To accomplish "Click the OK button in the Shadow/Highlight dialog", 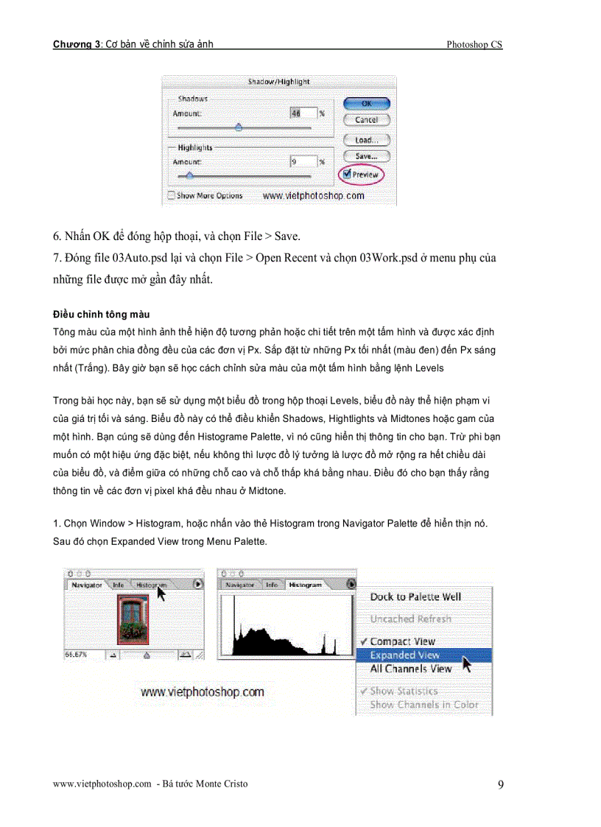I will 366,104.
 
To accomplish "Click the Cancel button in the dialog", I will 366,119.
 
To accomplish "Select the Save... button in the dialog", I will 366,156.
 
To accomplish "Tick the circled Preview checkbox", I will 347,175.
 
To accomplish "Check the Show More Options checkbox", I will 172,196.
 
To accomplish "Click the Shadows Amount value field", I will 303,113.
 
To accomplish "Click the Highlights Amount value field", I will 303,162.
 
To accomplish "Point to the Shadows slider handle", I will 238,127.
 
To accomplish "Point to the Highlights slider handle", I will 189,175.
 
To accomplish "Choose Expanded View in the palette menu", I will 404,655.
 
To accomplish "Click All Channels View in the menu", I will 410,669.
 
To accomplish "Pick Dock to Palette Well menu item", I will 415,597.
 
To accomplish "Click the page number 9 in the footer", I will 500,784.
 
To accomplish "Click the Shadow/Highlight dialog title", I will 278,82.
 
